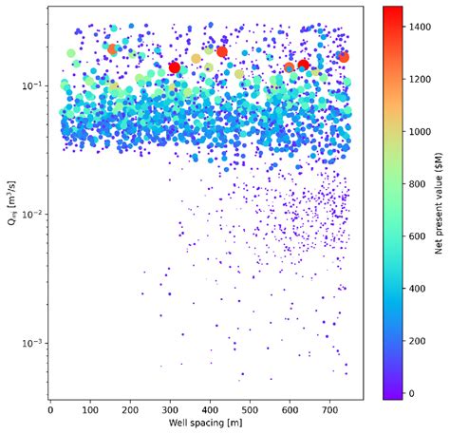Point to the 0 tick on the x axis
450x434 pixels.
(x=50, y=410)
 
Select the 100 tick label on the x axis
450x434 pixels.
(x=90, y=410)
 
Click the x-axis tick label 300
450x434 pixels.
(x=170, y=410)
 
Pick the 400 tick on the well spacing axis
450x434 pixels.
(x=210, y=410)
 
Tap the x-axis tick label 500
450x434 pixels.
(x=250, y=410)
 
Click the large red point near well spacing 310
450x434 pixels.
(x=174, y=67)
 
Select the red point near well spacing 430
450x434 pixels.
(x=222, y=51)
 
